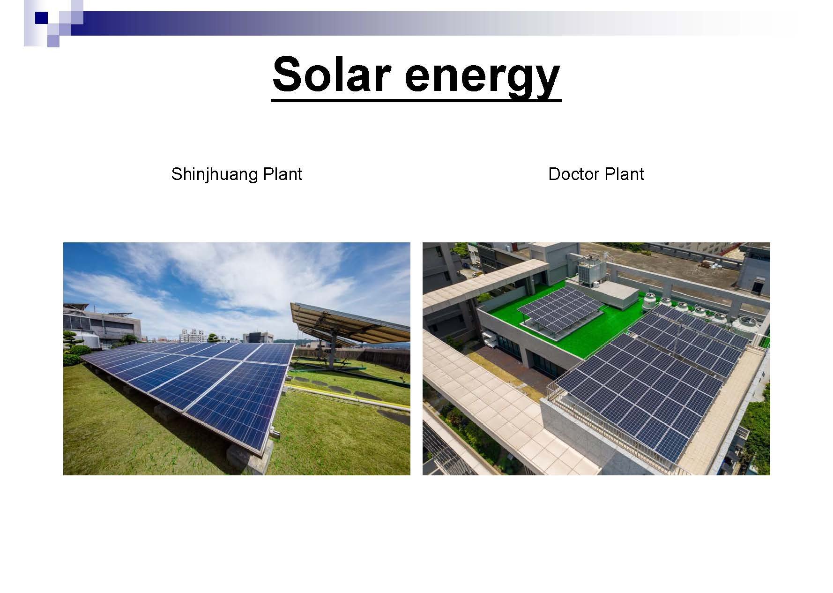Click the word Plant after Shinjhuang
[283, 174]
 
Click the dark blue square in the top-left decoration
[41, 18]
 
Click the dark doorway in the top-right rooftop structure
[757, 285]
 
